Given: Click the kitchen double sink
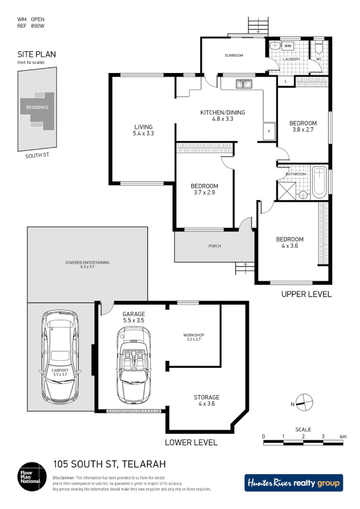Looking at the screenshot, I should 244,85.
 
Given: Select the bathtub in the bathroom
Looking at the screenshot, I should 319,182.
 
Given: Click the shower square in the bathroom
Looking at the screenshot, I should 286,190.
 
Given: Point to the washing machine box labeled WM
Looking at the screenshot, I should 288,46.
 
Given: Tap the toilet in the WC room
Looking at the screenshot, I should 319,48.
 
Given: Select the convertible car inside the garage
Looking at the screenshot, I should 133,365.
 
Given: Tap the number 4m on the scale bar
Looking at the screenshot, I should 343,436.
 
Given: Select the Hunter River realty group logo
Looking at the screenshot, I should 294,483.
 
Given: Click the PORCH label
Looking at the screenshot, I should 214,246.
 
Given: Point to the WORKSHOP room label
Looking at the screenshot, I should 194,335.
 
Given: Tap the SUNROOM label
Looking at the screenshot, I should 234,56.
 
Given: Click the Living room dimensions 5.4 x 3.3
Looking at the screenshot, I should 143,133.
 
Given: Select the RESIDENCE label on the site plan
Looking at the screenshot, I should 37,107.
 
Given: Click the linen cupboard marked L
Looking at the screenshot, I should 286,81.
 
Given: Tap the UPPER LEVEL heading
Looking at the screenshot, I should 306,294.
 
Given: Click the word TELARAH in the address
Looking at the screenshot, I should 144,464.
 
